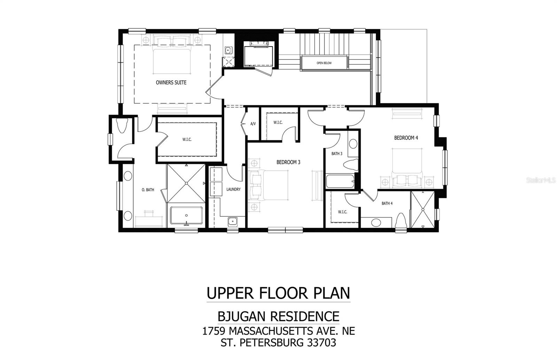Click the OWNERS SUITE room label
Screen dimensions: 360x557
171,82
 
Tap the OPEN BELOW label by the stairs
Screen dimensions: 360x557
324,63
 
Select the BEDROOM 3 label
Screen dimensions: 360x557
288,162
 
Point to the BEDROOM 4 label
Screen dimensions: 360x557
406,138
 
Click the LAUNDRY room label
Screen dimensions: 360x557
233,189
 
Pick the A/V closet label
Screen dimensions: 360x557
253,124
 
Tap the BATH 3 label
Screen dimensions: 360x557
337,153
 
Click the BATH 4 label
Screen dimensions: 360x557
387,203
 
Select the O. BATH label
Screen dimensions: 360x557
148,190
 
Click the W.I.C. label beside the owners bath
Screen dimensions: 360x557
187,139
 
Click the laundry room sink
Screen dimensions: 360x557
233,221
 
